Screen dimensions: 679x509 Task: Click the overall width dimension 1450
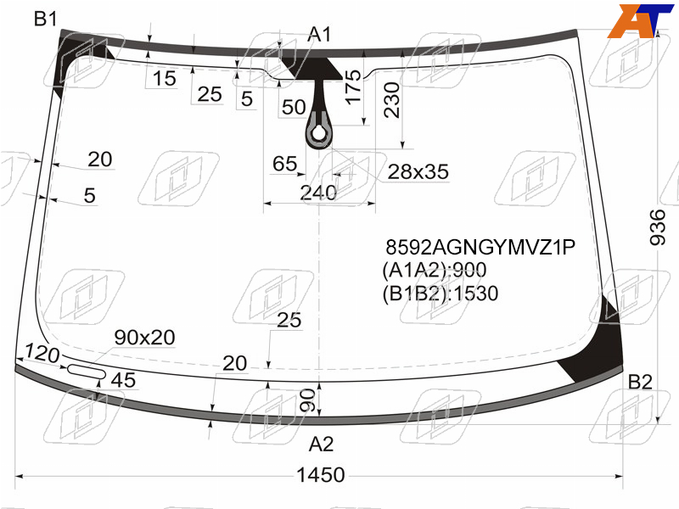point(321,475)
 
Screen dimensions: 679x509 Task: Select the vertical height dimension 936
point(657,227)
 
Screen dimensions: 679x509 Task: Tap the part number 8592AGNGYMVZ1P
point(480,247)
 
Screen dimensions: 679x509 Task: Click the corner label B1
point(46,19)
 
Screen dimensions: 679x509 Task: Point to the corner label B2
point(640,382)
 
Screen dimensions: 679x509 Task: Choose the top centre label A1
point(319,34)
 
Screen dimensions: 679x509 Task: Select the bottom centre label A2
point(321,444)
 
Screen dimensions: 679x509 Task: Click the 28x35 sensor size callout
point(418,172)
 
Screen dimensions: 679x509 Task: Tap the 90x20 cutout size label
point(144,337)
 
